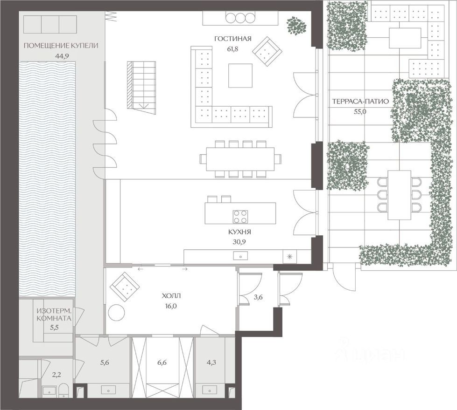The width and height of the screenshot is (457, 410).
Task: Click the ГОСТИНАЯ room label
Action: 233,39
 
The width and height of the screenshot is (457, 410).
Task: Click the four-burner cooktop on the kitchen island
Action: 240,217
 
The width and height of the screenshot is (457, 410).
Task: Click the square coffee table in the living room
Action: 240,75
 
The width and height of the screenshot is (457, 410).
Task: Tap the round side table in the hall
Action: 117,312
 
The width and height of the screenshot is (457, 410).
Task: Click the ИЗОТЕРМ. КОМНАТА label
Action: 54,315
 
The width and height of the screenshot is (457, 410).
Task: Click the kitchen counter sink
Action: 240,256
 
